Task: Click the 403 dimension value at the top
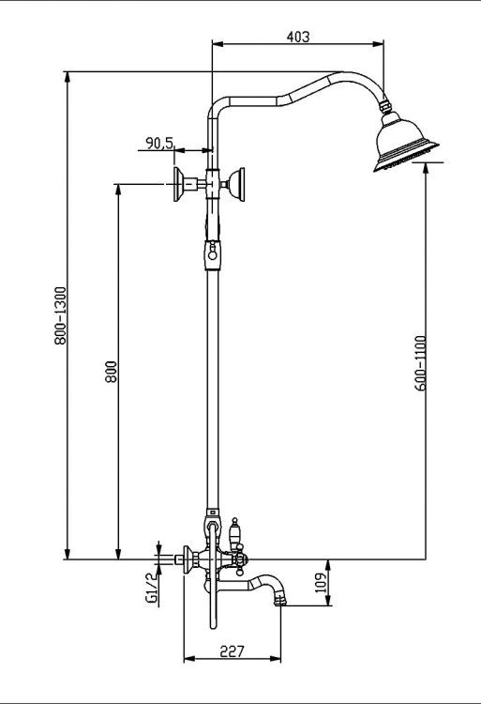coord(297,37)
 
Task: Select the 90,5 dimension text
coord(159,143)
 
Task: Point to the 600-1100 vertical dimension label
coord(420,361)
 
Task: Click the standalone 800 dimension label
coord(110,372)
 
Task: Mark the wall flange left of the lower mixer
coord(188,559)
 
